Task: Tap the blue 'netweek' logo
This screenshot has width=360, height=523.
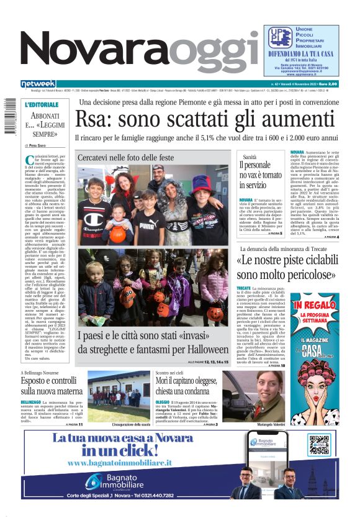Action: pos(38,83)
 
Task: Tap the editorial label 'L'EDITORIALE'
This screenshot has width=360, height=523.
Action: pos(42,105)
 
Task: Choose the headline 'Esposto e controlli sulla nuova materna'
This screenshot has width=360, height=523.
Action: pos(51,386)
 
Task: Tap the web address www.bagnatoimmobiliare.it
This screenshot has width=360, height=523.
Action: pos(120,463)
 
